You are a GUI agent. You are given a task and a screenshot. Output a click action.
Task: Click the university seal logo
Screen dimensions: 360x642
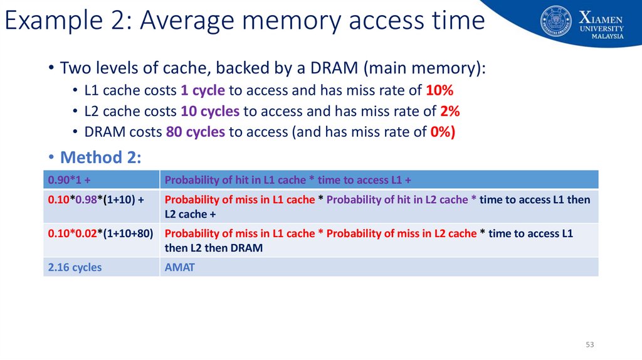pos(556,21)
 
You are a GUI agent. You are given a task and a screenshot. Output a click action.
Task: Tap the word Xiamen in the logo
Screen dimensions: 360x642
pos(601,16)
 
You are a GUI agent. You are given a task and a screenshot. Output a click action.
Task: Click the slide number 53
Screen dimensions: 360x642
pos(589,345)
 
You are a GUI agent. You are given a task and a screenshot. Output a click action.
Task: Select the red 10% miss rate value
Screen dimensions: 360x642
pos(439,90)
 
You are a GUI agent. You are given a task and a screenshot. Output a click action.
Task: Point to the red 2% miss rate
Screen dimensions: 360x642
pos(450,112)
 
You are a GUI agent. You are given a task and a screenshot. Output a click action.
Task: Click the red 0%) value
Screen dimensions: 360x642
pos(441,132)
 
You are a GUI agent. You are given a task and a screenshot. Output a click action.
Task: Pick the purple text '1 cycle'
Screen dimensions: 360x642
pos(203,90)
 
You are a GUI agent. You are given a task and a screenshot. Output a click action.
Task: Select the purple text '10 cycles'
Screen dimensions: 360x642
pos(210,112)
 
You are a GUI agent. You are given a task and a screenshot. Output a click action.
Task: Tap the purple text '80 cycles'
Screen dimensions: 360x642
pos(196,132)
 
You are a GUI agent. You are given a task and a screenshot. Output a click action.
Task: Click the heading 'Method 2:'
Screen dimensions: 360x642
pos(100,157)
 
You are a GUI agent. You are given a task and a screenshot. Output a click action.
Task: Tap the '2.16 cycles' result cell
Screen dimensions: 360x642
pos(75,267)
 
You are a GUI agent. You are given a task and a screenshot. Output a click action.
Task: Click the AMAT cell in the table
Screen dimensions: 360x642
pos(179,267)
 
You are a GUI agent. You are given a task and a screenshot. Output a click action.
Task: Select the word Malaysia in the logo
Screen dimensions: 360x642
pos(607,36)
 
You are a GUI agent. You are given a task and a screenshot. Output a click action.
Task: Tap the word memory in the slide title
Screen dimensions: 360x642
pos(292,21)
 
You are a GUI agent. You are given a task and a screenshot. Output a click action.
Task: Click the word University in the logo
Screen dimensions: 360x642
pos(602,28)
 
